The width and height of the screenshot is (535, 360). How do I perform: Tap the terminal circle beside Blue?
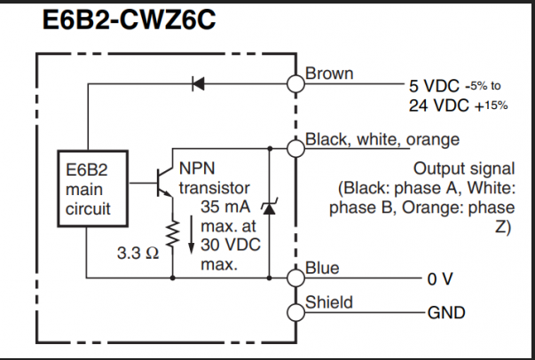pos(295,278)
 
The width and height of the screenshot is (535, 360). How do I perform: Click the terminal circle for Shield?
pos(295,312)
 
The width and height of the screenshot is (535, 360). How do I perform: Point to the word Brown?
pos(329,74)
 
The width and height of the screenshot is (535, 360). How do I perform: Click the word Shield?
pos(329,302)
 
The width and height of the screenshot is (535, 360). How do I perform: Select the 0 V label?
pos(440,279)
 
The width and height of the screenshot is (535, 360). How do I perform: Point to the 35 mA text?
pos(218,208)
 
